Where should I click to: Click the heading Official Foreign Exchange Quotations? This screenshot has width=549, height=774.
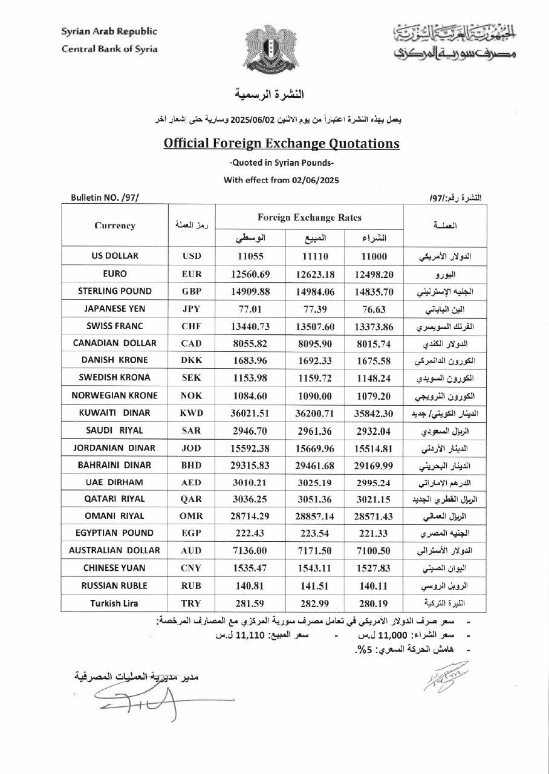tap(282, 144)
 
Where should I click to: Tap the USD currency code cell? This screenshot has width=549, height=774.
tap(192, 256)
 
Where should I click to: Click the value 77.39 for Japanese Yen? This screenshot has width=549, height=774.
tap(313, 308)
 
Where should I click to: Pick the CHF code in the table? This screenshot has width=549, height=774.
tap(192, 326)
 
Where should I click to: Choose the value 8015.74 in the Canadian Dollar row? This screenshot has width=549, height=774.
tap(374, 343)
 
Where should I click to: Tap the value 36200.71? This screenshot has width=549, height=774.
tap(313, 413)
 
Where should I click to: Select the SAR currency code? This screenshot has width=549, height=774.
tap(192, 430)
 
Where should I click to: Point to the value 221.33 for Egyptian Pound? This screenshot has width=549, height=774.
tap(374, 533)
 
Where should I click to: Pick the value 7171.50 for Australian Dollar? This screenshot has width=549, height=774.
tap(313, 550)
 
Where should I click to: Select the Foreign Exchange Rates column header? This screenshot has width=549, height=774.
tap(309, 217)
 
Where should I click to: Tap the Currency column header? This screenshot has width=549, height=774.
tap(115, 226)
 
